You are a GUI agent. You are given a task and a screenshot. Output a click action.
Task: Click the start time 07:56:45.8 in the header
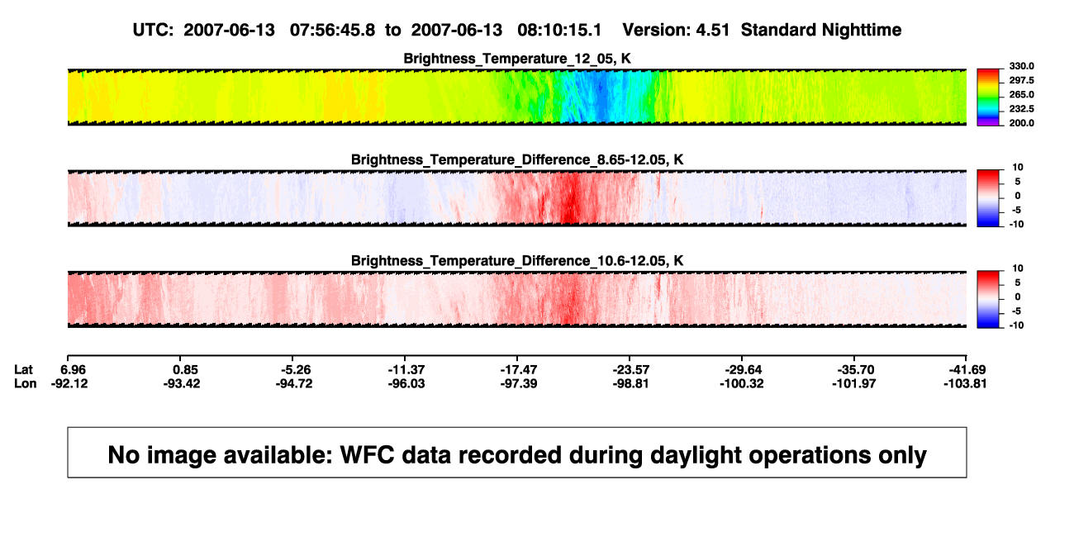[332, 31]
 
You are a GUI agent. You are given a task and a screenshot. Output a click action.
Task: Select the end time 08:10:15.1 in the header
[559, 31]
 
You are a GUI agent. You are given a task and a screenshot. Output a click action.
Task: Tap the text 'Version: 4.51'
[676, 31]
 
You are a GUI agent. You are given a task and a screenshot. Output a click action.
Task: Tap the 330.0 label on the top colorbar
[1021, 66]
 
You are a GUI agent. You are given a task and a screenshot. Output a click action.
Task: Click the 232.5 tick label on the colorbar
[1021, 109]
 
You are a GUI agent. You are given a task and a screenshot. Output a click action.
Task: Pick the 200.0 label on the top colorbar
[1021, 123]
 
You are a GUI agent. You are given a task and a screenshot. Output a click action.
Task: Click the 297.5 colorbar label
[1021, 81]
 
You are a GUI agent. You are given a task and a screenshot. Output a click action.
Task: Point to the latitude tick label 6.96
[74, 370]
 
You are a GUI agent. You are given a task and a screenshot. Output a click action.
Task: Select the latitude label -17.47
[519, 370]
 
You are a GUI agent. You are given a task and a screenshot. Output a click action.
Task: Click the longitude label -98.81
[631, 384]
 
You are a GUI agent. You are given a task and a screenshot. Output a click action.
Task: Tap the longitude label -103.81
[965, 384]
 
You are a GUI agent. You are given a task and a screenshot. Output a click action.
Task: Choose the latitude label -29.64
[744, 370]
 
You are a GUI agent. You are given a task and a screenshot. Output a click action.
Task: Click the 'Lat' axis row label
[23, 370]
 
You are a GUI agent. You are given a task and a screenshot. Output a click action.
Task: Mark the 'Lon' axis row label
[26, 384]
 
